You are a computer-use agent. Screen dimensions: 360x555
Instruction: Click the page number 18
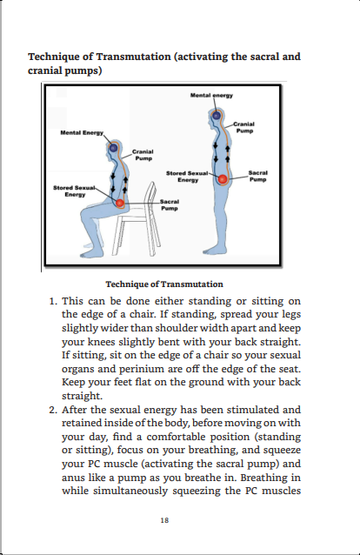point(164,520)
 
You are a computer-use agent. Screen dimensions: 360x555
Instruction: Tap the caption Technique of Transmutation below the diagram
point(164,284)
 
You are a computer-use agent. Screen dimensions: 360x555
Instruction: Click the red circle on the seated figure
point(120,204)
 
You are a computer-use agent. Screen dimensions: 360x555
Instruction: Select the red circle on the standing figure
point(223,179)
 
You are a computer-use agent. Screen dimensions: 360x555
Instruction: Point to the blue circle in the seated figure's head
point(113,148)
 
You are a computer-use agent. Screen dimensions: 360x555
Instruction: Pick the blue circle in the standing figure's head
point(217,115)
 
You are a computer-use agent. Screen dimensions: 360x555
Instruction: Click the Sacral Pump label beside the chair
point(170,205)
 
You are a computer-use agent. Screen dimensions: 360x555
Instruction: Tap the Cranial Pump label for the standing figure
point(244,127)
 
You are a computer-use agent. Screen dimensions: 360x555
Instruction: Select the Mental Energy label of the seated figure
point(82,133)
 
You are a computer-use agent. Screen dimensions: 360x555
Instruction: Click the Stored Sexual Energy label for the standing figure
point(187,177)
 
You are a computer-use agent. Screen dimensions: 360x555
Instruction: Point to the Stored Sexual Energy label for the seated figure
point(74,191)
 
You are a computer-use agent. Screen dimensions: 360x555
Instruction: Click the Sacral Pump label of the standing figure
point(257,176)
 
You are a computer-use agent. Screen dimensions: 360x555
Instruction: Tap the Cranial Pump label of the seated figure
point(143,155)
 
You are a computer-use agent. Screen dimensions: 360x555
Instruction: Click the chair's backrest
point(151,198)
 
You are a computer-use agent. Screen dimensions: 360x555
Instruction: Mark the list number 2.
point(53,410)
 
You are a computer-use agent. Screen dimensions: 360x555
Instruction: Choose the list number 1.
point(53,302)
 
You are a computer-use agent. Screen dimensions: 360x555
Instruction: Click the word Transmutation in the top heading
point(133,57)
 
